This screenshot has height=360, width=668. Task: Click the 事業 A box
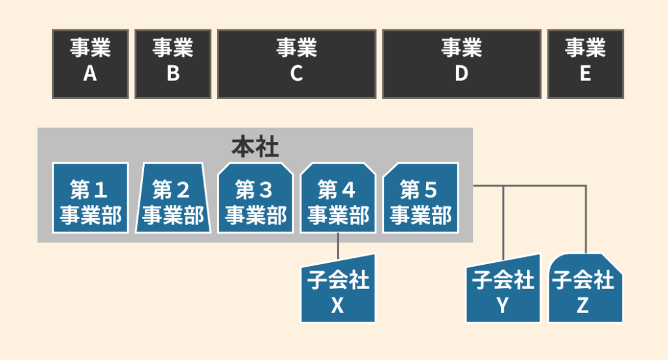90,63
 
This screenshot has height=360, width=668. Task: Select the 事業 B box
173,63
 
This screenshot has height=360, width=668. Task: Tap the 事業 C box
296,63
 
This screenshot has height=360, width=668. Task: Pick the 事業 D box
461,63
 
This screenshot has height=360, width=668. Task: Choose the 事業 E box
585,63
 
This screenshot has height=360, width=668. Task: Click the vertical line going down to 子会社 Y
503,222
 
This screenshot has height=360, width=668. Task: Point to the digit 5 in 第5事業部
431,190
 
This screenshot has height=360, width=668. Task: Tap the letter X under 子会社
337,305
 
